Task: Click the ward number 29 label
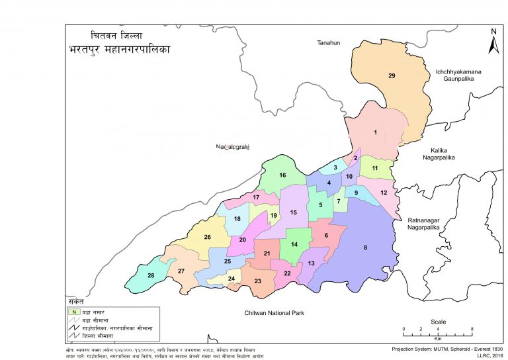point(392,77)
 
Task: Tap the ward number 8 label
point(364,248)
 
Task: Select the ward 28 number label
point(151,275)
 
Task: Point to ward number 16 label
point(282,175)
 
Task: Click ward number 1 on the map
point(376,133)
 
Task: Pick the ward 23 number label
point(258,281)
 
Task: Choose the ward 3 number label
point(335,168)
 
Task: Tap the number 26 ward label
point(207,237)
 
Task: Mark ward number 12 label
point(384,193)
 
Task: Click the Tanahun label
point(325,43)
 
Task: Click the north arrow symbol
point(493,41)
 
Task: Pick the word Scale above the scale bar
point(438,322)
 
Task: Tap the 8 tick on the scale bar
point(472,329)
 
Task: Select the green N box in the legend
point(75,311)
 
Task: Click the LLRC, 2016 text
point(488,355)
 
